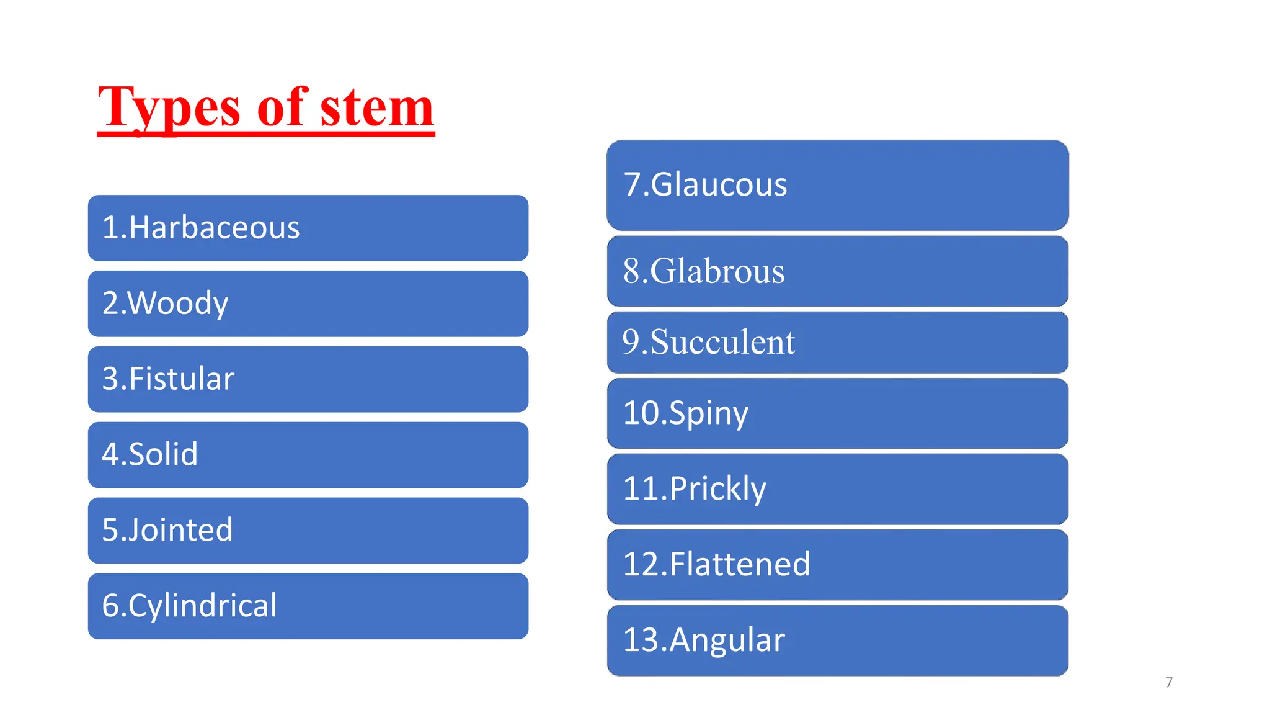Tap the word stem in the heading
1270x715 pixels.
(377, 108)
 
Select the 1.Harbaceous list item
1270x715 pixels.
(201, 228)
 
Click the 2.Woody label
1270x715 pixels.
(166, 304)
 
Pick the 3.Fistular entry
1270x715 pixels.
(168, 379)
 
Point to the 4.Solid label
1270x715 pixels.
(150, 454)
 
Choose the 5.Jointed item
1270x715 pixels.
(167, 530)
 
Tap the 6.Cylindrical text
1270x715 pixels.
(189, 606)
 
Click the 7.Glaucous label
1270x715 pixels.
(705, 185)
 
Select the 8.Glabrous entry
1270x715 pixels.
(704, 271)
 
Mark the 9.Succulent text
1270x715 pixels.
(708, 342)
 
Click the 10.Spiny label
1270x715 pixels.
(686, 413)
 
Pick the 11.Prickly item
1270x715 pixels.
(695, 488)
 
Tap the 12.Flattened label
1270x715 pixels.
(716, 564)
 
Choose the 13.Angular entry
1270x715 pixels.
(704, 640)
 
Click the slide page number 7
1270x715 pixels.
(1169, 682)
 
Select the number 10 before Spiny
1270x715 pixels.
(641, 413)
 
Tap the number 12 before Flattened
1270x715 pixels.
(641, 564)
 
